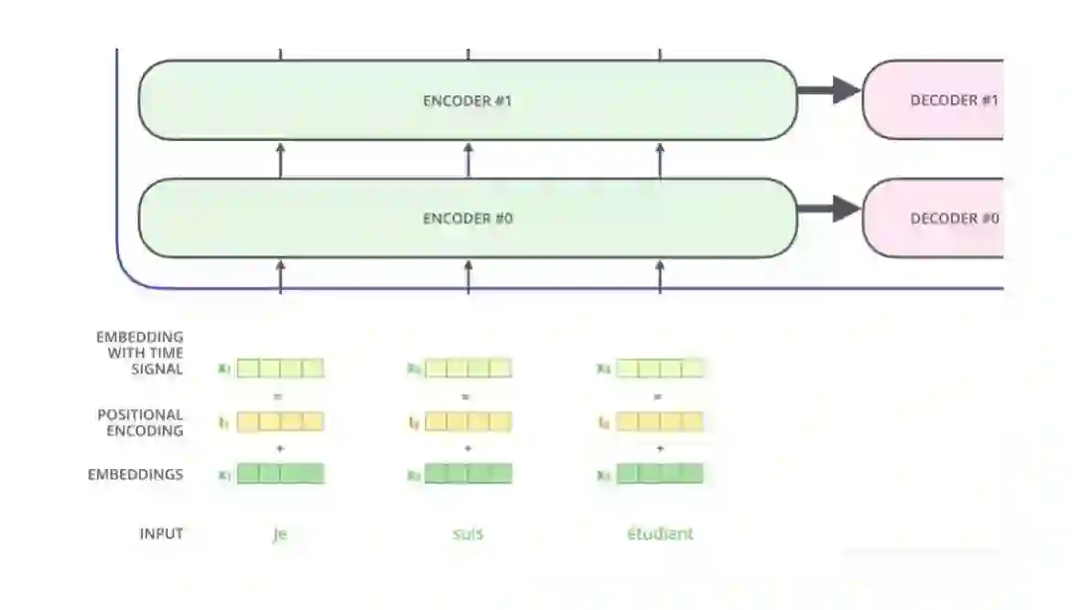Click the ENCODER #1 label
click(468, 100)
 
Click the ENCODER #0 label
click(468, 219)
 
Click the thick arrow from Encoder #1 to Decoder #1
click(829, 90)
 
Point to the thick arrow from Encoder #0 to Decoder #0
click(829, 209)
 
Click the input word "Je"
click(279, 534)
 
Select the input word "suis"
click(468, 534)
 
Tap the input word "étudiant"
click(660, 534)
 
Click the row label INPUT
click(161, 534)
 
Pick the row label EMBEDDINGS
click(135, 475)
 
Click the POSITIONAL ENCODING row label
click(140, 422)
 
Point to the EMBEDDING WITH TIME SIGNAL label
click(140, 353)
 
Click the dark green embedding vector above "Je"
click(280, 474)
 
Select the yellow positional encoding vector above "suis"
click(468, 422)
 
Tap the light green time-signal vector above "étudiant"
click(660, 369)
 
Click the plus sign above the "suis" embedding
click(468, 449)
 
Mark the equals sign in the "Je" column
click(279, 396)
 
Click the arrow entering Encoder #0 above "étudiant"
click(660, 275)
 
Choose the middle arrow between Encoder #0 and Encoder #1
click(468, 159)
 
